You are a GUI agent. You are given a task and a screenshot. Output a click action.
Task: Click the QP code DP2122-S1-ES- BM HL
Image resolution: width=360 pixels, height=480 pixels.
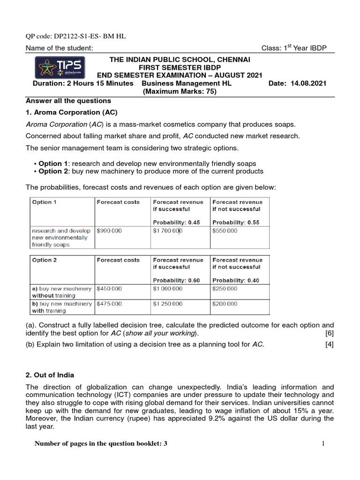click(75, 36)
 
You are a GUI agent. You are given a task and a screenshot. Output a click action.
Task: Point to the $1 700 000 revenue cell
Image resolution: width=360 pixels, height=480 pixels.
click(168, 231)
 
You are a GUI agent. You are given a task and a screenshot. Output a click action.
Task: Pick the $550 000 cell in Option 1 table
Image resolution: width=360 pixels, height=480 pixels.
click(225, 231)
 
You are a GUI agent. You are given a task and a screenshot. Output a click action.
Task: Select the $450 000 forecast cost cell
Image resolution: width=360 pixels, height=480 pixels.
click(109, 289)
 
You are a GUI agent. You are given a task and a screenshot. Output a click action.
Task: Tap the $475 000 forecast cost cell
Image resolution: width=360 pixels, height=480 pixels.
click(109, 303)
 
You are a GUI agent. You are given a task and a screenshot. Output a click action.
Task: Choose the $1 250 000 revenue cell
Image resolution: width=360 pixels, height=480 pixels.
click(168, 303)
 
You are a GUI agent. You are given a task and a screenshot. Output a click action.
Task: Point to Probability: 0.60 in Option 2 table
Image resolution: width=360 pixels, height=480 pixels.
click(176, 280)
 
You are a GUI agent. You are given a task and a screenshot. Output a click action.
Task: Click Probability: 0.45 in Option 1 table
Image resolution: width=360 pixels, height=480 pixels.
click(176, 222)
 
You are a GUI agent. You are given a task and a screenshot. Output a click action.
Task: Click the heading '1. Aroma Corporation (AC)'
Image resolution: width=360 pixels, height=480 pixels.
click(71, 112)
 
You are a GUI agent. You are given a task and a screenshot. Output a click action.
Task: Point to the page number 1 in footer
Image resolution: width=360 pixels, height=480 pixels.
click(323, 444)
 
